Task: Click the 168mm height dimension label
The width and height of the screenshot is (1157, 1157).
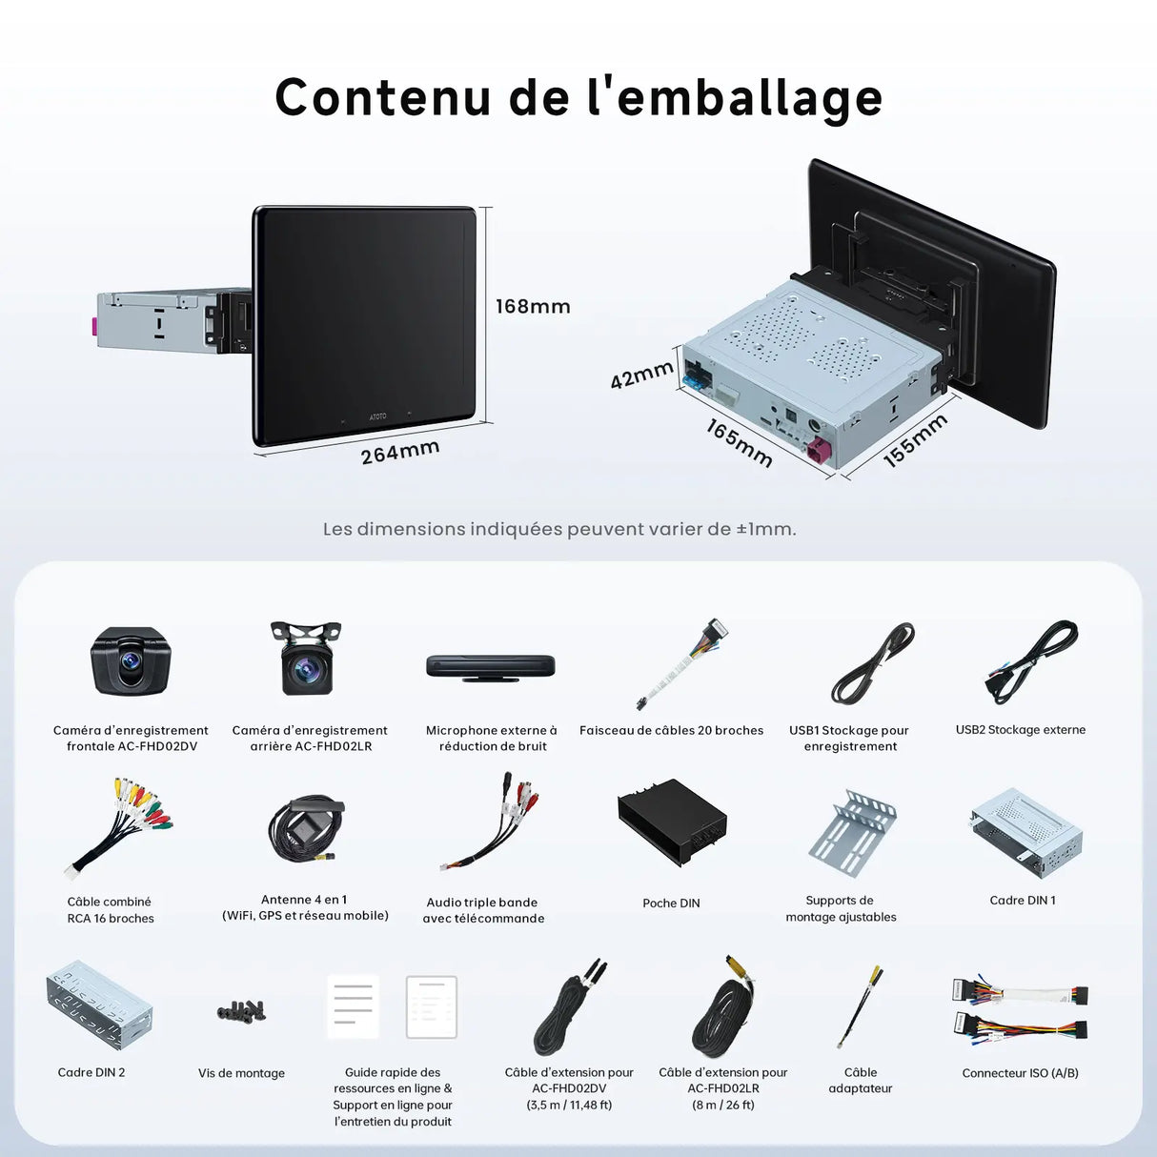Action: [533, 306]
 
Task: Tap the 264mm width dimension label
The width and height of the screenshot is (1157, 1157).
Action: [400, 452]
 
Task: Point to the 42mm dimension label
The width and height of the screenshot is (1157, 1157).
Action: [641, 376]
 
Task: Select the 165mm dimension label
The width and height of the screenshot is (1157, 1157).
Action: [739, 444]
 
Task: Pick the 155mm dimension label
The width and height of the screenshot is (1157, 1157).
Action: [916, 440]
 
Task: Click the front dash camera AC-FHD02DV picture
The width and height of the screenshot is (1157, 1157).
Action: [131, 661]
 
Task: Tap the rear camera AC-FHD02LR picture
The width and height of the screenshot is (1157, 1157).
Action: [306, 658]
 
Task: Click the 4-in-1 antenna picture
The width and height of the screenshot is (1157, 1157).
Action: [306, 829]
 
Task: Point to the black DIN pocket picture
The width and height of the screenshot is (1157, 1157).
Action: [672, 822]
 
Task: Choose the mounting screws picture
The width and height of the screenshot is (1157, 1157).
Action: [241, 1010]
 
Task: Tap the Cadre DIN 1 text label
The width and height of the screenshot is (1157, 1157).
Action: [1023, 900]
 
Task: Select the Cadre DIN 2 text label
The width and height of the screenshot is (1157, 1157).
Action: [91, 1072]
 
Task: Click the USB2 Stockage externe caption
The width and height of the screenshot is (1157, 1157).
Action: [1021, 729]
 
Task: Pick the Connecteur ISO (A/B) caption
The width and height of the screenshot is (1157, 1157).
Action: [1020, 1073]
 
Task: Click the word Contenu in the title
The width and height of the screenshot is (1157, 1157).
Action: [383, 97]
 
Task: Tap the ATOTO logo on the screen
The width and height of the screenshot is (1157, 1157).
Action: [377, 416]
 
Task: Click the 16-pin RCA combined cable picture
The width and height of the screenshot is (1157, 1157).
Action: [117, 828]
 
